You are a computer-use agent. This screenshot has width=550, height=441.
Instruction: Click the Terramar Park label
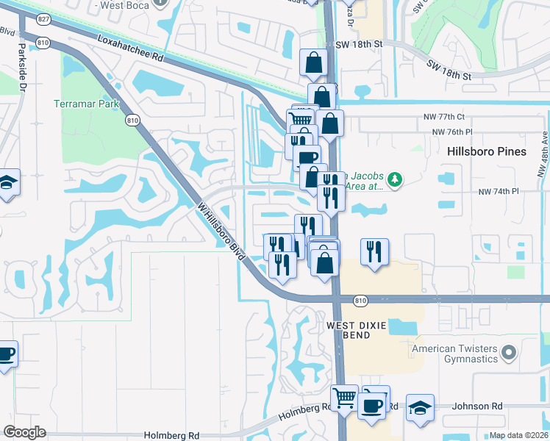click(86, 104)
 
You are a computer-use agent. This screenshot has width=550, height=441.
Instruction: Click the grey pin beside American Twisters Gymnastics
click(507, 355)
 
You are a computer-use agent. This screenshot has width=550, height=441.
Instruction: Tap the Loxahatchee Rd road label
click(129, 49)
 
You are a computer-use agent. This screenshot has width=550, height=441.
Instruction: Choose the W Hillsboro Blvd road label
click(220, 230)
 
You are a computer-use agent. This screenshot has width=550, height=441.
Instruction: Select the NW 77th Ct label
click(449, 117)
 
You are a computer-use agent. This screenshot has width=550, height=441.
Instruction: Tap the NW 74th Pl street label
click(499, 191)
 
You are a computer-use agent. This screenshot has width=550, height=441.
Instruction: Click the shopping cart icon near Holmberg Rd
click(344, 398)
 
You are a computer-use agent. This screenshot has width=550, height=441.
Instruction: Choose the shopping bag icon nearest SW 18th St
click(314, 64)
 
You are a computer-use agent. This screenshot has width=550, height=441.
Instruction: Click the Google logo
click(24, 432)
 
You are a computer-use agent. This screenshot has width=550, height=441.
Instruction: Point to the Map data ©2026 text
click(518, 434)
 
